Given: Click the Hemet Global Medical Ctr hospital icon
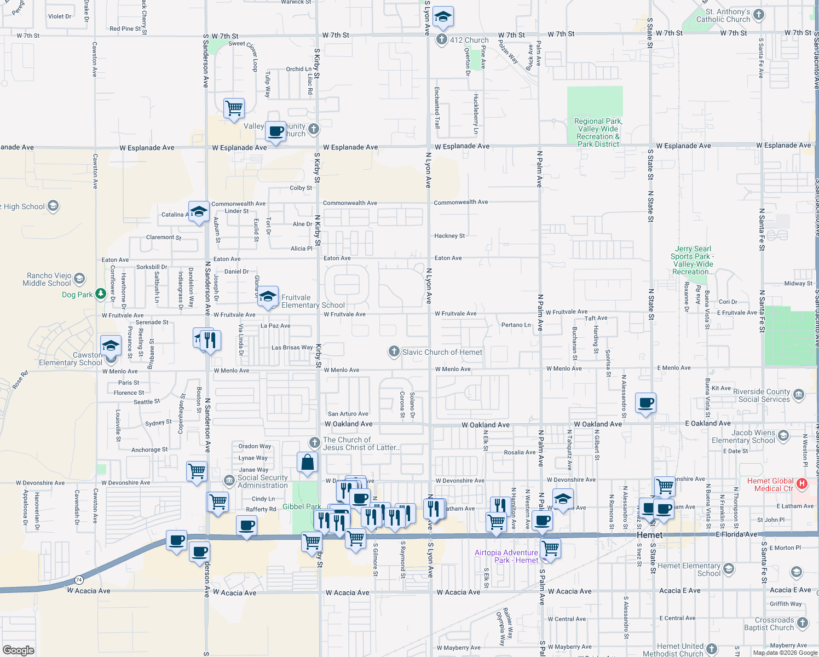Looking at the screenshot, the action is pyautogui.click(x=802, y=483).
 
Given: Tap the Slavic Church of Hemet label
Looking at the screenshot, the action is pyautogui.click(x=442, y=352).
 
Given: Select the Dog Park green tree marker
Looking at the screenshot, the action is pyautogui.click(x=100, y=294).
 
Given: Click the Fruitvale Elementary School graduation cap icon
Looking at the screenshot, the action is pyautogui.click(x=268, y=296).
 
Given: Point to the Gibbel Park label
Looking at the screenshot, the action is pyautogui.click(x=302, y=506).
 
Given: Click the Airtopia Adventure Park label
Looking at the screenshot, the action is pyautogui.click(x=506, y=556).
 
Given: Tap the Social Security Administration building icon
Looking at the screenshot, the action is pyautogui.click(x=229, y=481).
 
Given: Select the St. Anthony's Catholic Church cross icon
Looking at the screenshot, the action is pyautogui.click(x=758, y=15).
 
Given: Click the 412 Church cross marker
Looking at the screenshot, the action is pyautogui.click(x=442, y=39).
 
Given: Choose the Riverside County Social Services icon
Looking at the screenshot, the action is pyautogui.click(x=798, y=394).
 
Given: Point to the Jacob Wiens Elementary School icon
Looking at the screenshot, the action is pyautogui.click(x=783, y=435).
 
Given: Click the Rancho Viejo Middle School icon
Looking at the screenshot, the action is pyautogui.click(x=79, y=279).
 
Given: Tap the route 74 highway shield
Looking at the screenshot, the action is pyautogui.click(x=79, y=579).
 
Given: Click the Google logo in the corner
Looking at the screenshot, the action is pyautogui.click(x=19, y=650).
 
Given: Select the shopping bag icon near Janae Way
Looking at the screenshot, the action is pyautogui.click(x=308, y=462).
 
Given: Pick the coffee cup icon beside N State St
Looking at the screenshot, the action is pyautogui.click(x=646, y=403).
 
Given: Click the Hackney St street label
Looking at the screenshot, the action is pyautogui.click(x=449, y=236).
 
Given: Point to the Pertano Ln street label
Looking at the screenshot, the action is pyautogui.click(x=516, y=325).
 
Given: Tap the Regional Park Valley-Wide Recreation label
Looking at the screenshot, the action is pyautogui.click(x=598, y=132).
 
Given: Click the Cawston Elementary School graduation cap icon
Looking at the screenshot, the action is pyautogui.click(x=111, y=346).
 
